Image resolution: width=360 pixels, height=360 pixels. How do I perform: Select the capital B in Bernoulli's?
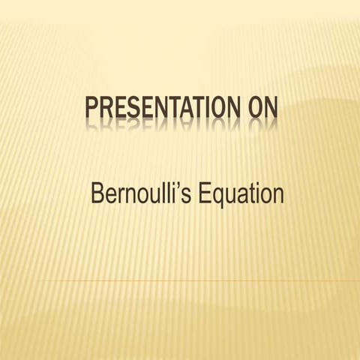(x=97, y=194)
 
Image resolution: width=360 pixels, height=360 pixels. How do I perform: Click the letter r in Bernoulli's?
(x=123, y=196)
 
